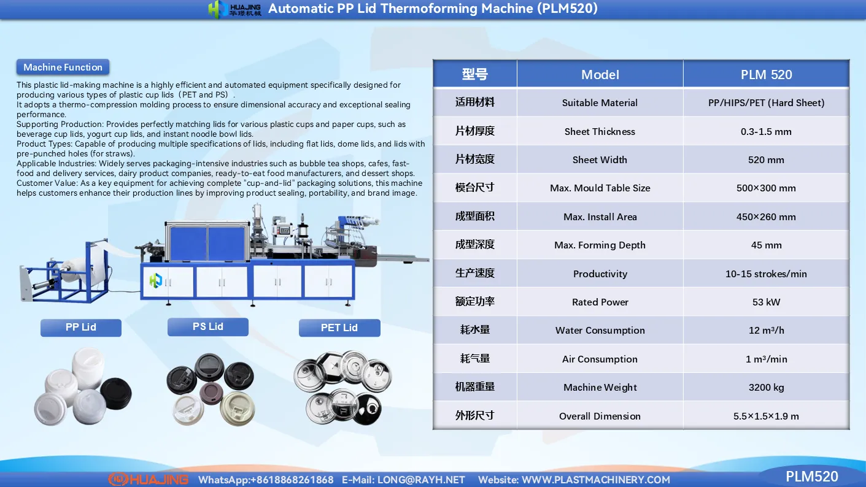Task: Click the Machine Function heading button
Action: pyautogui.click(x=63, y=67)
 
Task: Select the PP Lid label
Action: pyautogui.click(x=81, y=328)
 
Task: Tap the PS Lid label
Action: pyautogui.click(x=208, y=327)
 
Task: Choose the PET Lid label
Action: pyautogui.click(x=339, y=328)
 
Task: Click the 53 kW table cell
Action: pyautogui.click(x=766, y=302)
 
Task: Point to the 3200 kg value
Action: pyautogui.click(x=766, y=387)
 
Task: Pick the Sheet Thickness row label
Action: pyautogui.click(x=600, y=131)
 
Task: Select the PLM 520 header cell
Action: pyautogui.click(x=766, y=74)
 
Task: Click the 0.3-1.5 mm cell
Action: pyautogui.click(x=766, y=131)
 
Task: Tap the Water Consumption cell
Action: pyautogui.click(x=600, y=330)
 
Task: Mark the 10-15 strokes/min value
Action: pyautogui.click(x=766, y=274)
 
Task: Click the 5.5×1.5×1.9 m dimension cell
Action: pyautogui.click(x=766, y=416)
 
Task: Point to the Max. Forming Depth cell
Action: pyautogui.click(x=600, y=245)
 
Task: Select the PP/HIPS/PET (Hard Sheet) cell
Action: pyautogui.click(x=766, y=103)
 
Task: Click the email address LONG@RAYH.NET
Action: pyautogui.click(x=421, y=480)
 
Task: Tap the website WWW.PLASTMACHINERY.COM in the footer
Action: pyautogui.click(x=595, y=480)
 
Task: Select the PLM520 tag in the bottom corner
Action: pyautogui.click(x=811, y=477)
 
